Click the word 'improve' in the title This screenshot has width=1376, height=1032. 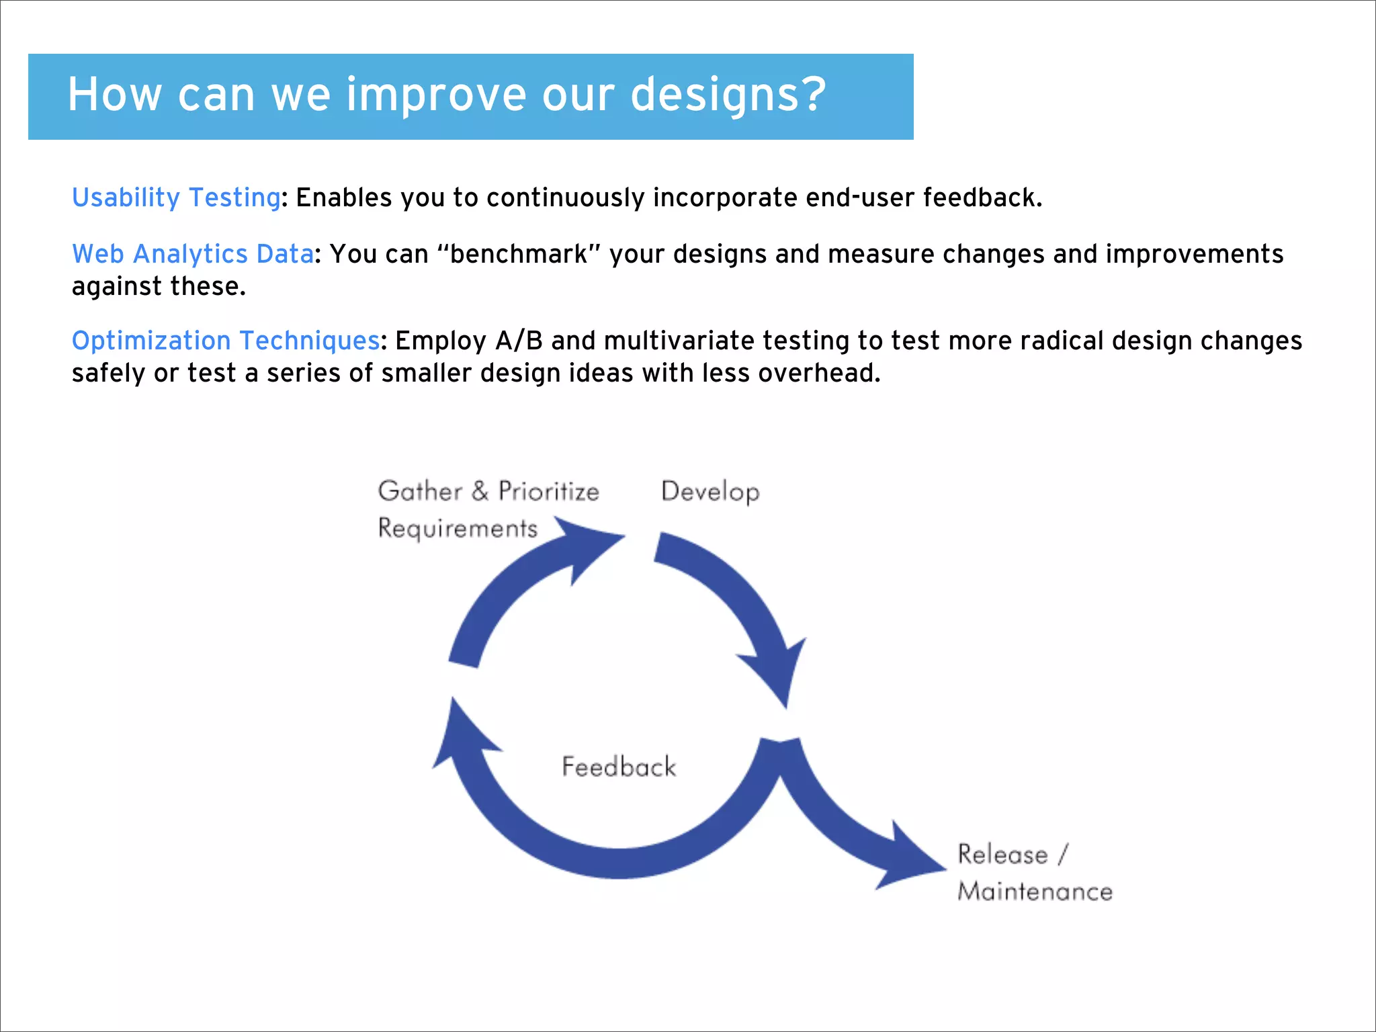pos(436,95)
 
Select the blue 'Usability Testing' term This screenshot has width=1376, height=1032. pos(176,198)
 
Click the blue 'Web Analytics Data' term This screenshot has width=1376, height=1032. pos(193,254)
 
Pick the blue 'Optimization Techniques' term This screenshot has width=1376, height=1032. pos(226,341)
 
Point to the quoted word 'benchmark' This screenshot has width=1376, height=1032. pos(518,254)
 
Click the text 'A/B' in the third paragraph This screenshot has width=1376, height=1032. pos(519,341)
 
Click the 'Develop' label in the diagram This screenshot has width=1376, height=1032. pos(710,492)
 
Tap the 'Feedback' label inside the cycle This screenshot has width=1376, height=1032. pos(619,767)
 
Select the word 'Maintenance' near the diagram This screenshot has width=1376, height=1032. pos(1035,892)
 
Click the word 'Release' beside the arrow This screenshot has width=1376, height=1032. pos(1002,855)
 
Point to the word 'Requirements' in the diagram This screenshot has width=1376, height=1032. pos(458,528)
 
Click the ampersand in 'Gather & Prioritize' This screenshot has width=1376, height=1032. pos(480,491)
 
